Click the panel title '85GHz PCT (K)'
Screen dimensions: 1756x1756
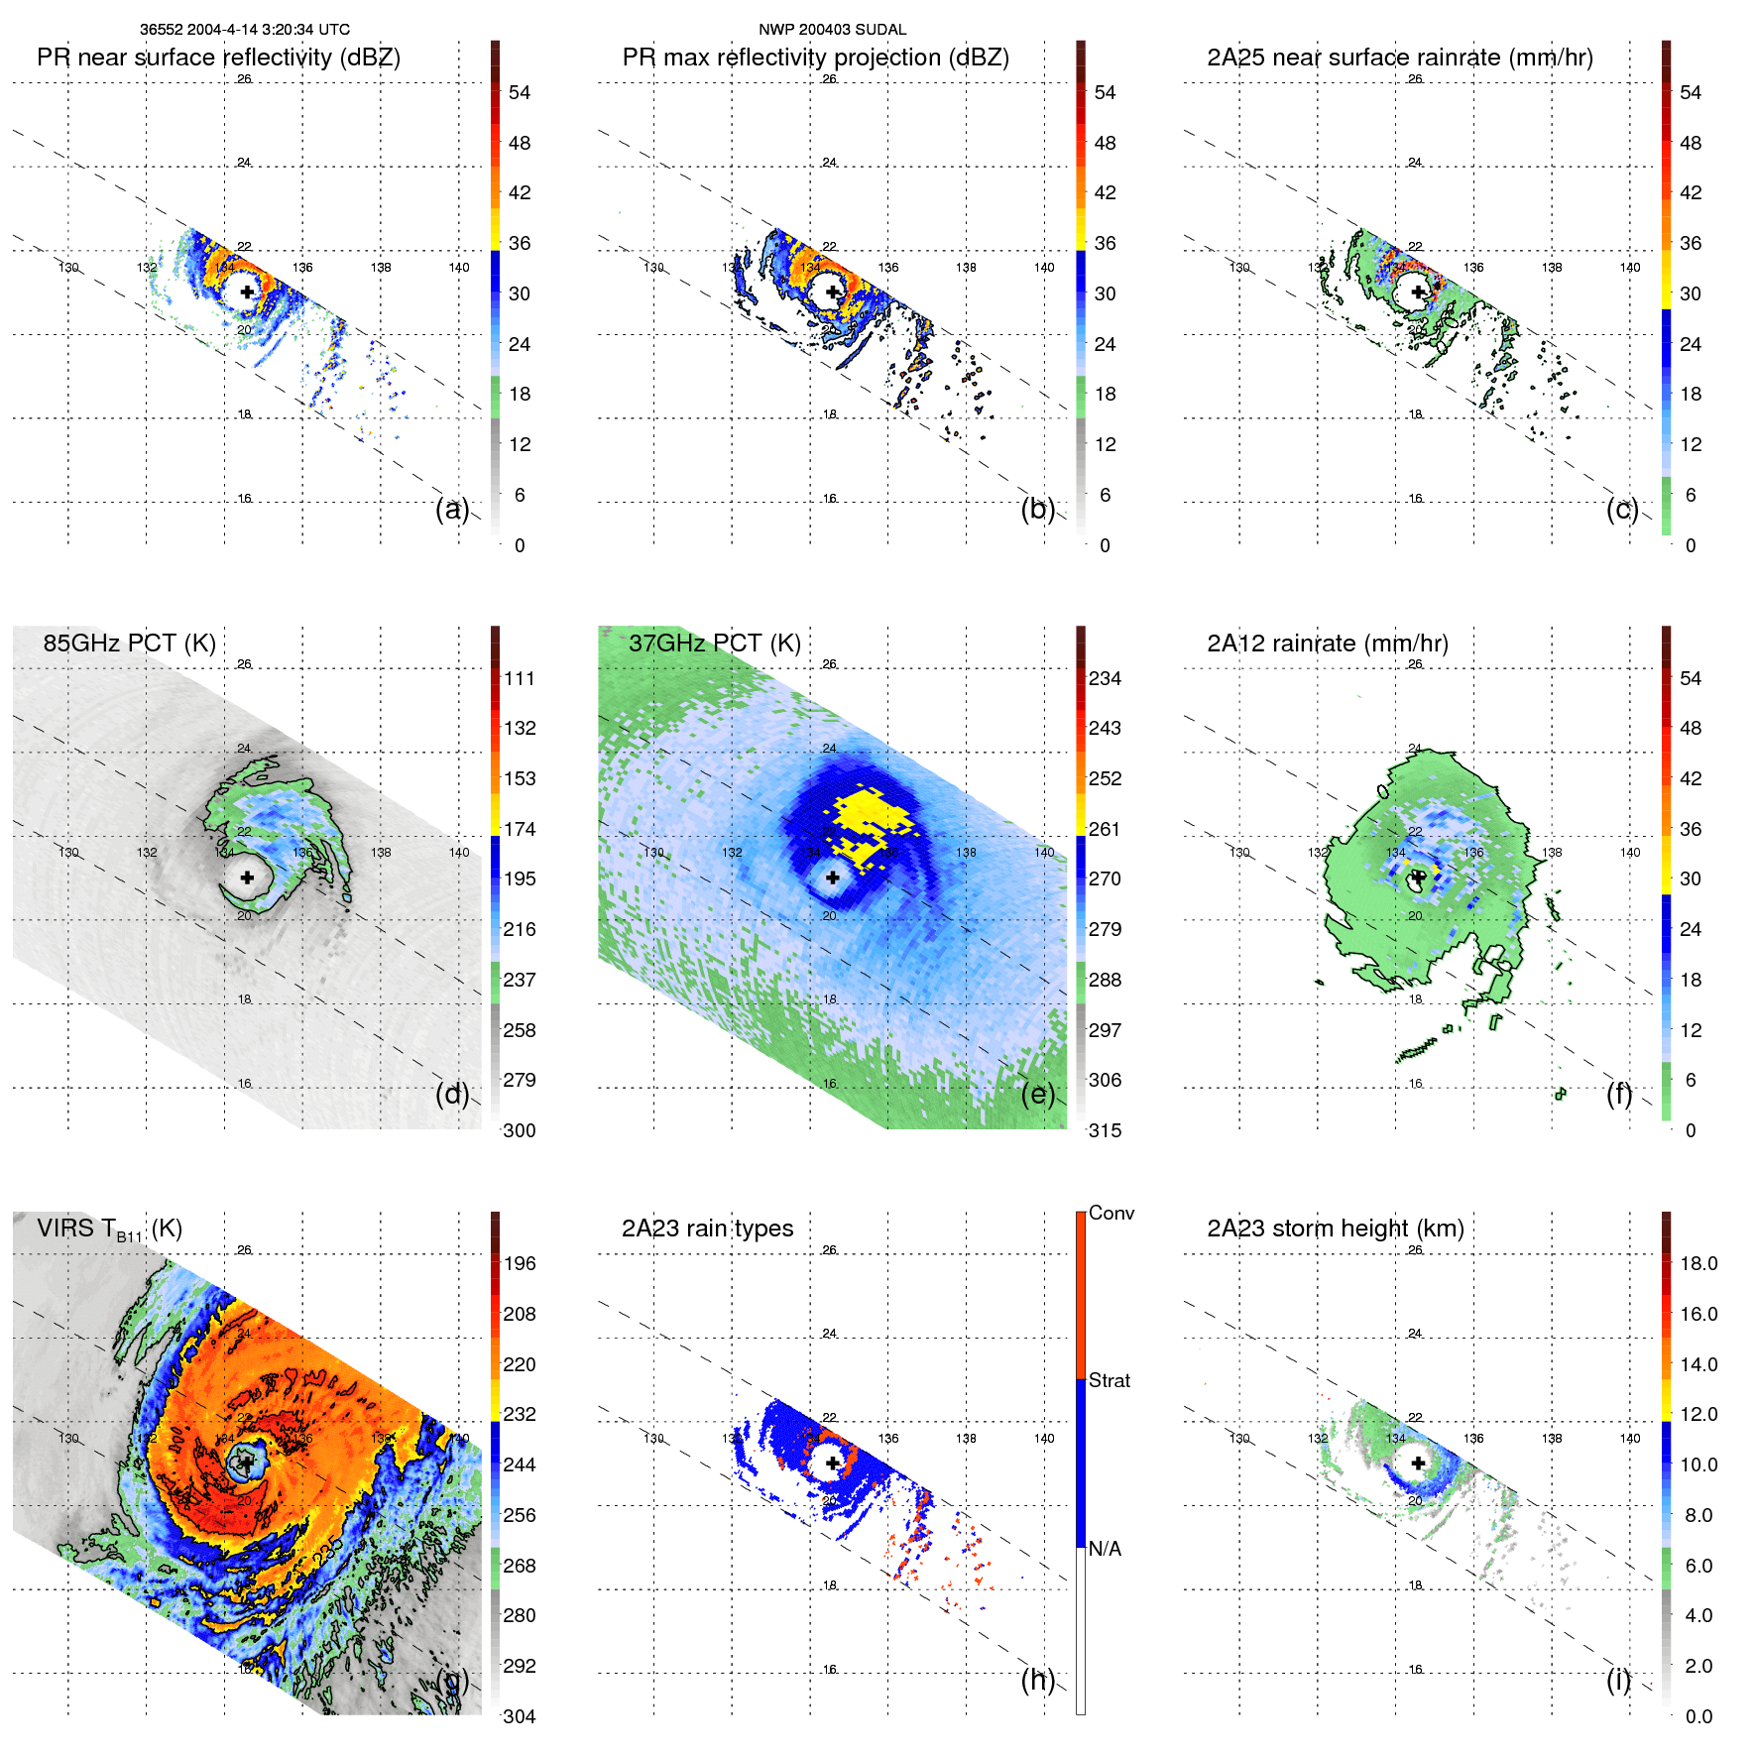(x=129, y=644)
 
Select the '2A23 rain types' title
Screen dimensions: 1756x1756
(x=707, y=1229)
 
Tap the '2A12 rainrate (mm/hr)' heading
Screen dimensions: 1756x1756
(x=1327, y=644)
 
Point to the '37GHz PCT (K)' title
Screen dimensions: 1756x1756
(x=714, y=644)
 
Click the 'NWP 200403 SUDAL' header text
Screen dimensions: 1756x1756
(x=832, y=30)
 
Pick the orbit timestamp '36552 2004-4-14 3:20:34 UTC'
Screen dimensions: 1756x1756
(x=244, y=30)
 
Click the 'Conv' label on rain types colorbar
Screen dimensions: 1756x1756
(x=1111, y=1213)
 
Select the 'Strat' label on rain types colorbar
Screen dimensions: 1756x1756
(x=1109, y=1380)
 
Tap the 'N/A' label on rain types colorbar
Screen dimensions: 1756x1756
(x=1105, y=1549)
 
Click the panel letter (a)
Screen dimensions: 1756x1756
(x=452, y=509)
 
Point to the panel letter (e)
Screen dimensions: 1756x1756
(x=1037, y=1094)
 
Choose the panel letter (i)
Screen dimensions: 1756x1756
(x=1618, y=1680)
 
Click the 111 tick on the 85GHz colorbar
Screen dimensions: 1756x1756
(x=519, y=678)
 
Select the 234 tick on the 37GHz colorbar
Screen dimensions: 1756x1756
(x=1105, y=678)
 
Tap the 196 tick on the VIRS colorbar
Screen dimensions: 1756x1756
(x=519, y=1263)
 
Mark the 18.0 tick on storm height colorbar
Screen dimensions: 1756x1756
(x=1697, y=1263)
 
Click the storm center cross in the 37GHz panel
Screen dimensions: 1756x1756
(x=833, y=878)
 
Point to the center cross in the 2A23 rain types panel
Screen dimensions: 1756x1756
(x=833, y=1463)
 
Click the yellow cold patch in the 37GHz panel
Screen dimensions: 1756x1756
(x=868, y=818)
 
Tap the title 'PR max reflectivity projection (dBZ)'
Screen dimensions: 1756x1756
(x=815, y=58)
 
